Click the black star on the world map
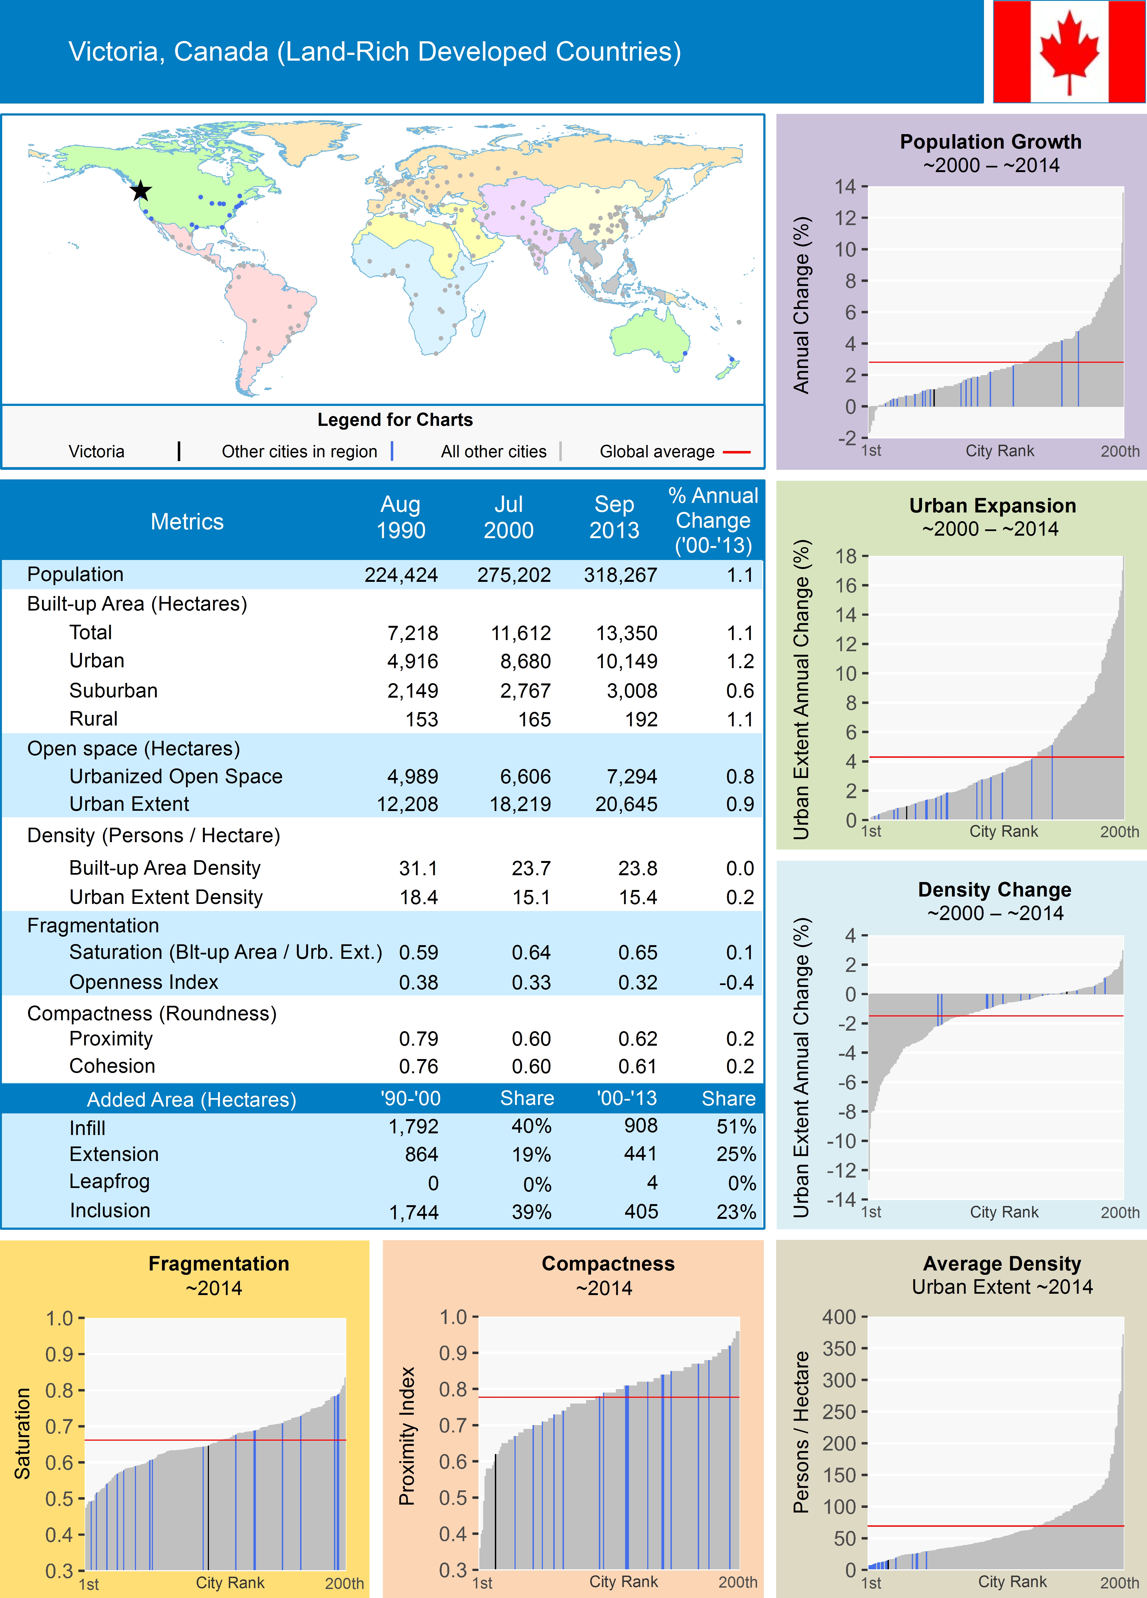(x=141, y=190)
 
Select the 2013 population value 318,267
(x=620, y=575)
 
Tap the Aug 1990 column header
(x=401, y=517)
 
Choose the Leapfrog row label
(x=109, y=1182)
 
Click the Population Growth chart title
(x=990, y=141)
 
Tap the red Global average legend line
(x=736, y=452)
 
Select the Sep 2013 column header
(x=614, y=517)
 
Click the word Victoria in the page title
(x=113, y=51)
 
